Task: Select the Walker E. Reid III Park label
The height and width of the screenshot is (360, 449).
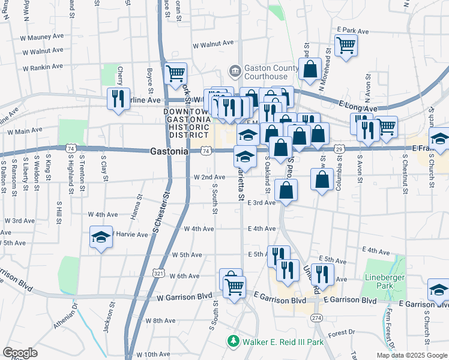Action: [x=282, y=342]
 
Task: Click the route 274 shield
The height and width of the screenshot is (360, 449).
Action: [x=316, y=317]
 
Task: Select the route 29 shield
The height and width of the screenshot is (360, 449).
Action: [x=339, y=148]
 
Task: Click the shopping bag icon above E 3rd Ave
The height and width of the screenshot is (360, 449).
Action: [x=286, y=190]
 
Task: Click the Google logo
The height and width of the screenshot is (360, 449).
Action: [x=20, y=353]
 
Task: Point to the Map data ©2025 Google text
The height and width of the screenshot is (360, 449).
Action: [x=411, y=355]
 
